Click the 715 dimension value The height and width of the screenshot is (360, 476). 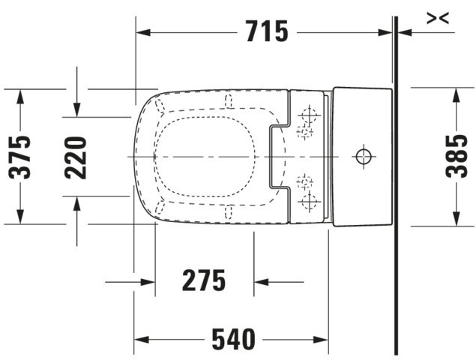(x=267, y=31)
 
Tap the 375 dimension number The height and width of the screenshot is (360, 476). (x=20, y=157)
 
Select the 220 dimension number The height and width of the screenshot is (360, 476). (x=76, y=157)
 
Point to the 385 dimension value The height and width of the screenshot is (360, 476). (x=457, y=156)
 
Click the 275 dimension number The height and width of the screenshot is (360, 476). (x=204, y=280)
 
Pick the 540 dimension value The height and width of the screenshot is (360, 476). (x=233, y=339)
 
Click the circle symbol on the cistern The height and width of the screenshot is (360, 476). (x=364, y=157)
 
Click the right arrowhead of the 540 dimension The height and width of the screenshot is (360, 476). (x=321, y=340)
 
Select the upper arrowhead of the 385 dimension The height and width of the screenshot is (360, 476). (x=457, y=94)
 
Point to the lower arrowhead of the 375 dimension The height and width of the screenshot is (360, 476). (x=20, y=217)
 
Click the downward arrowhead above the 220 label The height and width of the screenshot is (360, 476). (x=76, y=109)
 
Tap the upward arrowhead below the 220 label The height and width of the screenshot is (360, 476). (x=76, y=204)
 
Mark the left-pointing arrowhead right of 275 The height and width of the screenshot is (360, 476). (x=262, y=282)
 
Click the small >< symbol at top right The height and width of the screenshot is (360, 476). (x=438, y=18)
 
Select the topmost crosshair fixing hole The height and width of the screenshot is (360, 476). (x=310, y=115)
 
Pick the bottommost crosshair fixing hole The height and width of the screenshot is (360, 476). (x=310, y=201)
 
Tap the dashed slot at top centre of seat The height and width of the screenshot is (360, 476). (x=229, y=100)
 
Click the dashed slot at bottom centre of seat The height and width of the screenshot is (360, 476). (x=229, y=212)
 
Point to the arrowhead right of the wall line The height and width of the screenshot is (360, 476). (x=404, y=32)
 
